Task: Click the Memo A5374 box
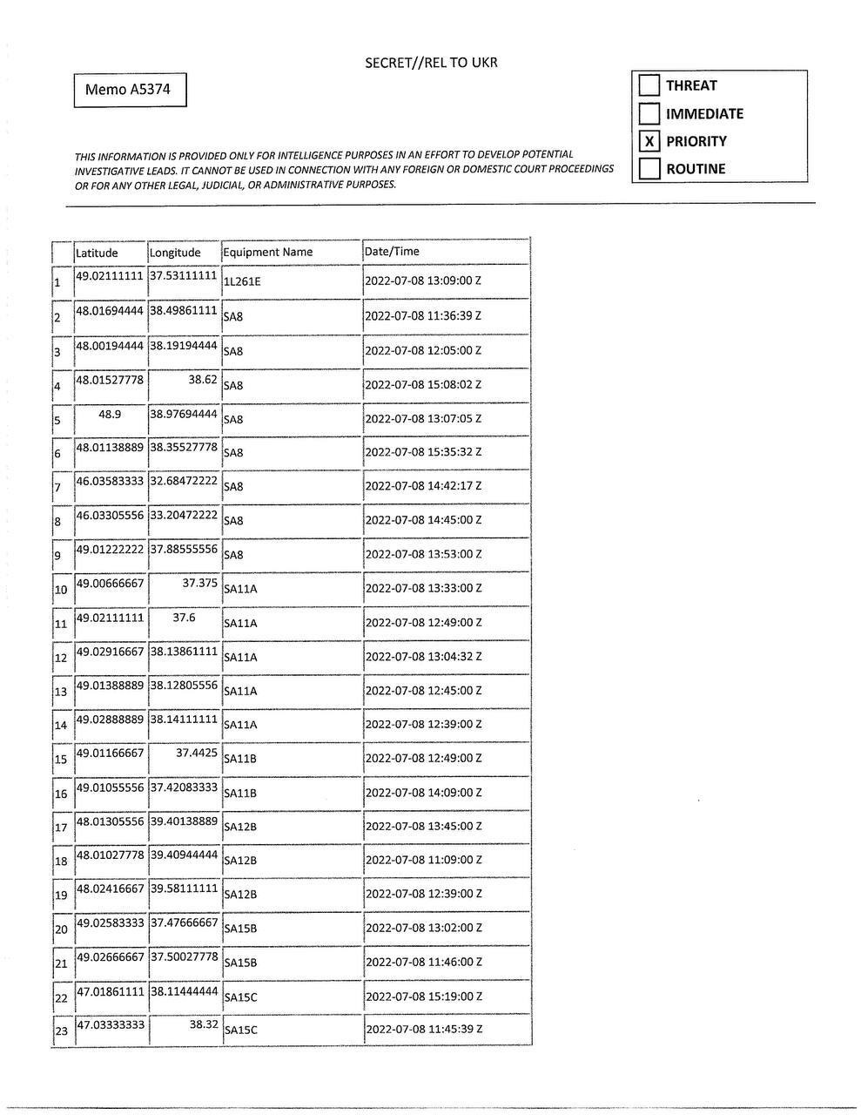click(x=130, y=90)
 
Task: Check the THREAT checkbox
click(x=649, y=85)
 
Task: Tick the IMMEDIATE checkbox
click(x=649, y=113)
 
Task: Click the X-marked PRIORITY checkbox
click(x=649, y=141)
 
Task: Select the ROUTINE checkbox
click(x=649, y=169)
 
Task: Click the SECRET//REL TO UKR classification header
click(x=431, y=63)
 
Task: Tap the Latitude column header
click(x=97, y=253)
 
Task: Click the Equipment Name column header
click(x=268, y=252)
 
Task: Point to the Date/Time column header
click(x=392, y=251)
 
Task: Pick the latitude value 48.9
click(x=110, y=414)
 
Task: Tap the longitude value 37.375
click(x=199, y=583)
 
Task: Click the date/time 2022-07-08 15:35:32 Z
click(x=423, y=452)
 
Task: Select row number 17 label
click(x=61, y=828)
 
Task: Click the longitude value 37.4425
click(x=197, y=753)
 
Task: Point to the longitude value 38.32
click(x=204, y=1024)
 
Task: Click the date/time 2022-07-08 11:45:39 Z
click(x=424, y=1030)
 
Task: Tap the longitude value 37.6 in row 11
click(x=184, y=617)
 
